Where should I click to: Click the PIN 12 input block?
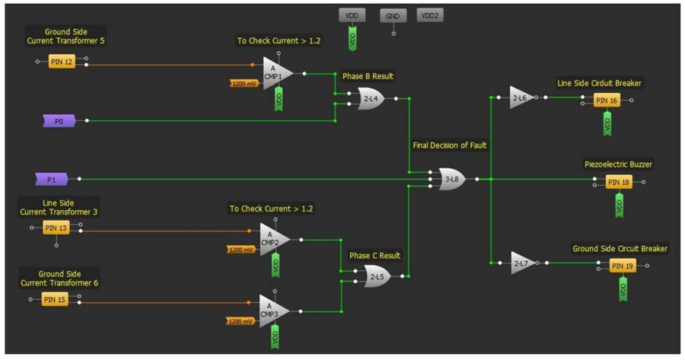pos(62,62)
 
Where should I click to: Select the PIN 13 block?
pos(56,228)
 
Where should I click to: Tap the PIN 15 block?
pos(55,299)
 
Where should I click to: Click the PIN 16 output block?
pos(607,100)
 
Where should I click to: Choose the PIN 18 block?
pos(619,182)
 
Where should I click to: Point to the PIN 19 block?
pos(623,266)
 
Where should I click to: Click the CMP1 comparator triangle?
pos(277,73)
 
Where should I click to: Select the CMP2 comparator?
pos(274,240)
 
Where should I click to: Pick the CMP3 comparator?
pos(274,311)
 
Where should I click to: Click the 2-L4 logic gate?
pos(371,99)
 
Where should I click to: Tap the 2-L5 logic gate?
pos(378,276)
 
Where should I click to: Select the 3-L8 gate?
pos(452,179)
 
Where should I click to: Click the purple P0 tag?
pos(59,121)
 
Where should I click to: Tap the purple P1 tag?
pos(52,179)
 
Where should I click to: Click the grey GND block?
pos(393,16)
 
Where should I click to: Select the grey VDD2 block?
pos(430,15)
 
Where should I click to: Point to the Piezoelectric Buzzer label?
pos(618,164)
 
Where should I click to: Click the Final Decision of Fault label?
pos(450,145)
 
